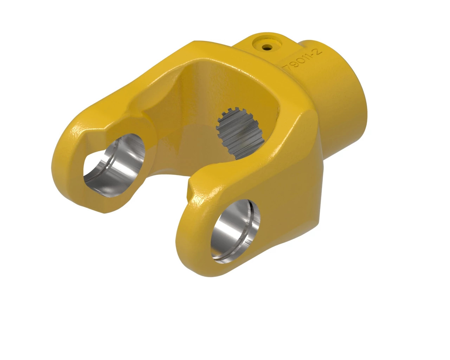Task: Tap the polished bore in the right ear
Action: coord(236,230)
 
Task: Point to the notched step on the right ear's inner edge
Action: coord(192,186)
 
